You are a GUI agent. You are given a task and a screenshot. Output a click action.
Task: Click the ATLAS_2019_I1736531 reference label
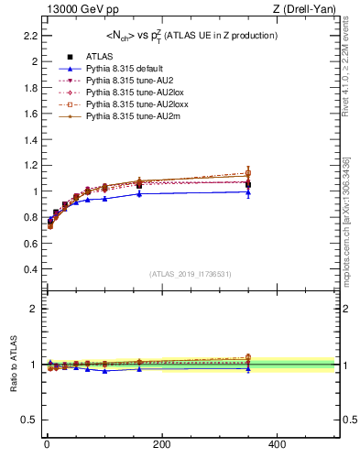coord(190,274)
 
